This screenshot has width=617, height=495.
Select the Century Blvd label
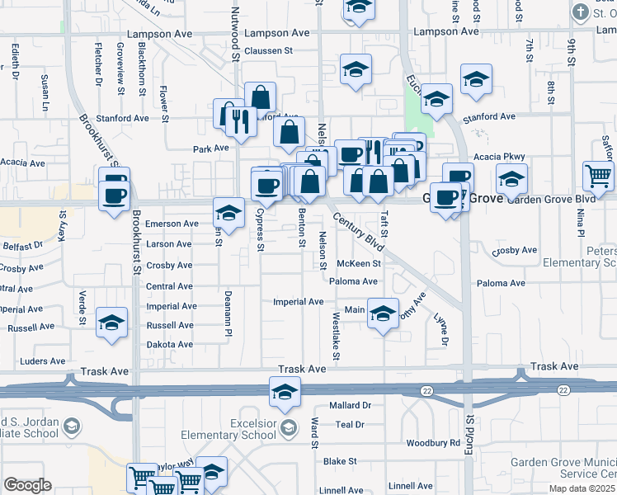point(359,232)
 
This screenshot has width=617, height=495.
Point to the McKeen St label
point(359,264)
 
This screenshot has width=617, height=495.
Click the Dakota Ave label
point(170,345)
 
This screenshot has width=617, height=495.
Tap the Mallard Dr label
point(351,406)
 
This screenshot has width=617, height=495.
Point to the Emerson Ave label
point(172,224)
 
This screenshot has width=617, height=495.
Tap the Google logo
point(27,484)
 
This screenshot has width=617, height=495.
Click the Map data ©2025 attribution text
point(582,488)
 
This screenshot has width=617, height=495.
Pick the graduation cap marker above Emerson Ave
point(228,213)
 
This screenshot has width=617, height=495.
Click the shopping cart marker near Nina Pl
point(598,174)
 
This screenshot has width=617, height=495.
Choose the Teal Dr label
point(351,425)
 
